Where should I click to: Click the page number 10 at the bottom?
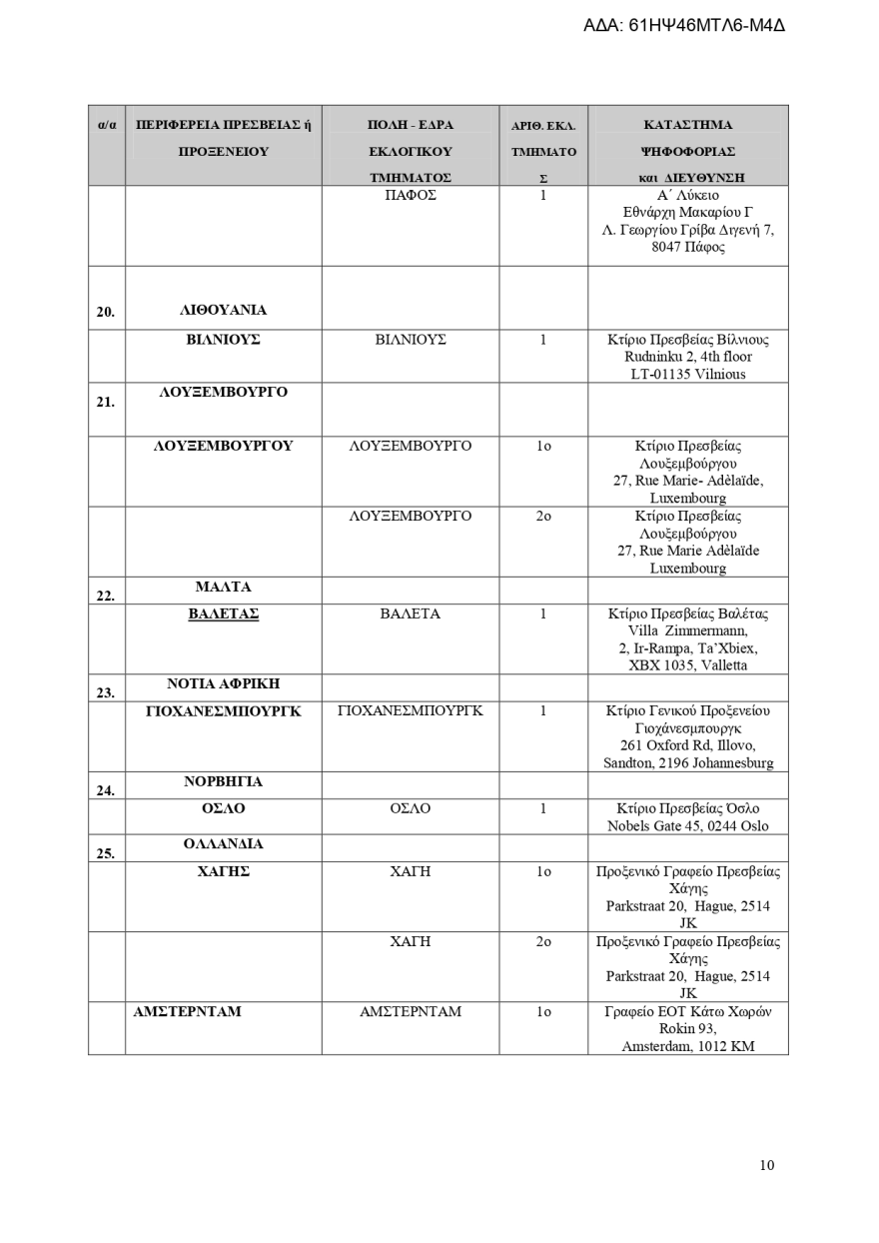tap(766, 1165)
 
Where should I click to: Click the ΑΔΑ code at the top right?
tap(683, 25)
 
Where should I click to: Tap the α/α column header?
tap(107, 126)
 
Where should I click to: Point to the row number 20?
tap(106, 312)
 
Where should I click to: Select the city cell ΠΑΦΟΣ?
tap(411, 195)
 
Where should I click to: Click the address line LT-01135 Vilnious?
tap(687, 374)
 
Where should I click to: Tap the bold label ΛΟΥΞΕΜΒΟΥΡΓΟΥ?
tap(223, 446)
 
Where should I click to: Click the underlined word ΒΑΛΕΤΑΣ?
tap(223, 614)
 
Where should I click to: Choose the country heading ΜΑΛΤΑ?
tap(223, 587)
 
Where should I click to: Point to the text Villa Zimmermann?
tap(687, 630)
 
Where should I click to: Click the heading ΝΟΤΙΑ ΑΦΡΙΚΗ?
tap(223, 684)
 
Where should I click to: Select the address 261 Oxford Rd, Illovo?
tap(687, 745)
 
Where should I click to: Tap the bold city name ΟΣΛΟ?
tap(223, 808)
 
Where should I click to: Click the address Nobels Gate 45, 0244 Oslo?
tap(687, 826)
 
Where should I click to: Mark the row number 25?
tap(106, 853)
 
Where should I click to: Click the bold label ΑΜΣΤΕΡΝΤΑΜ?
tap(188, 1011)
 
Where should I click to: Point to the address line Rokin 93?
tap(687, 1028)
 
